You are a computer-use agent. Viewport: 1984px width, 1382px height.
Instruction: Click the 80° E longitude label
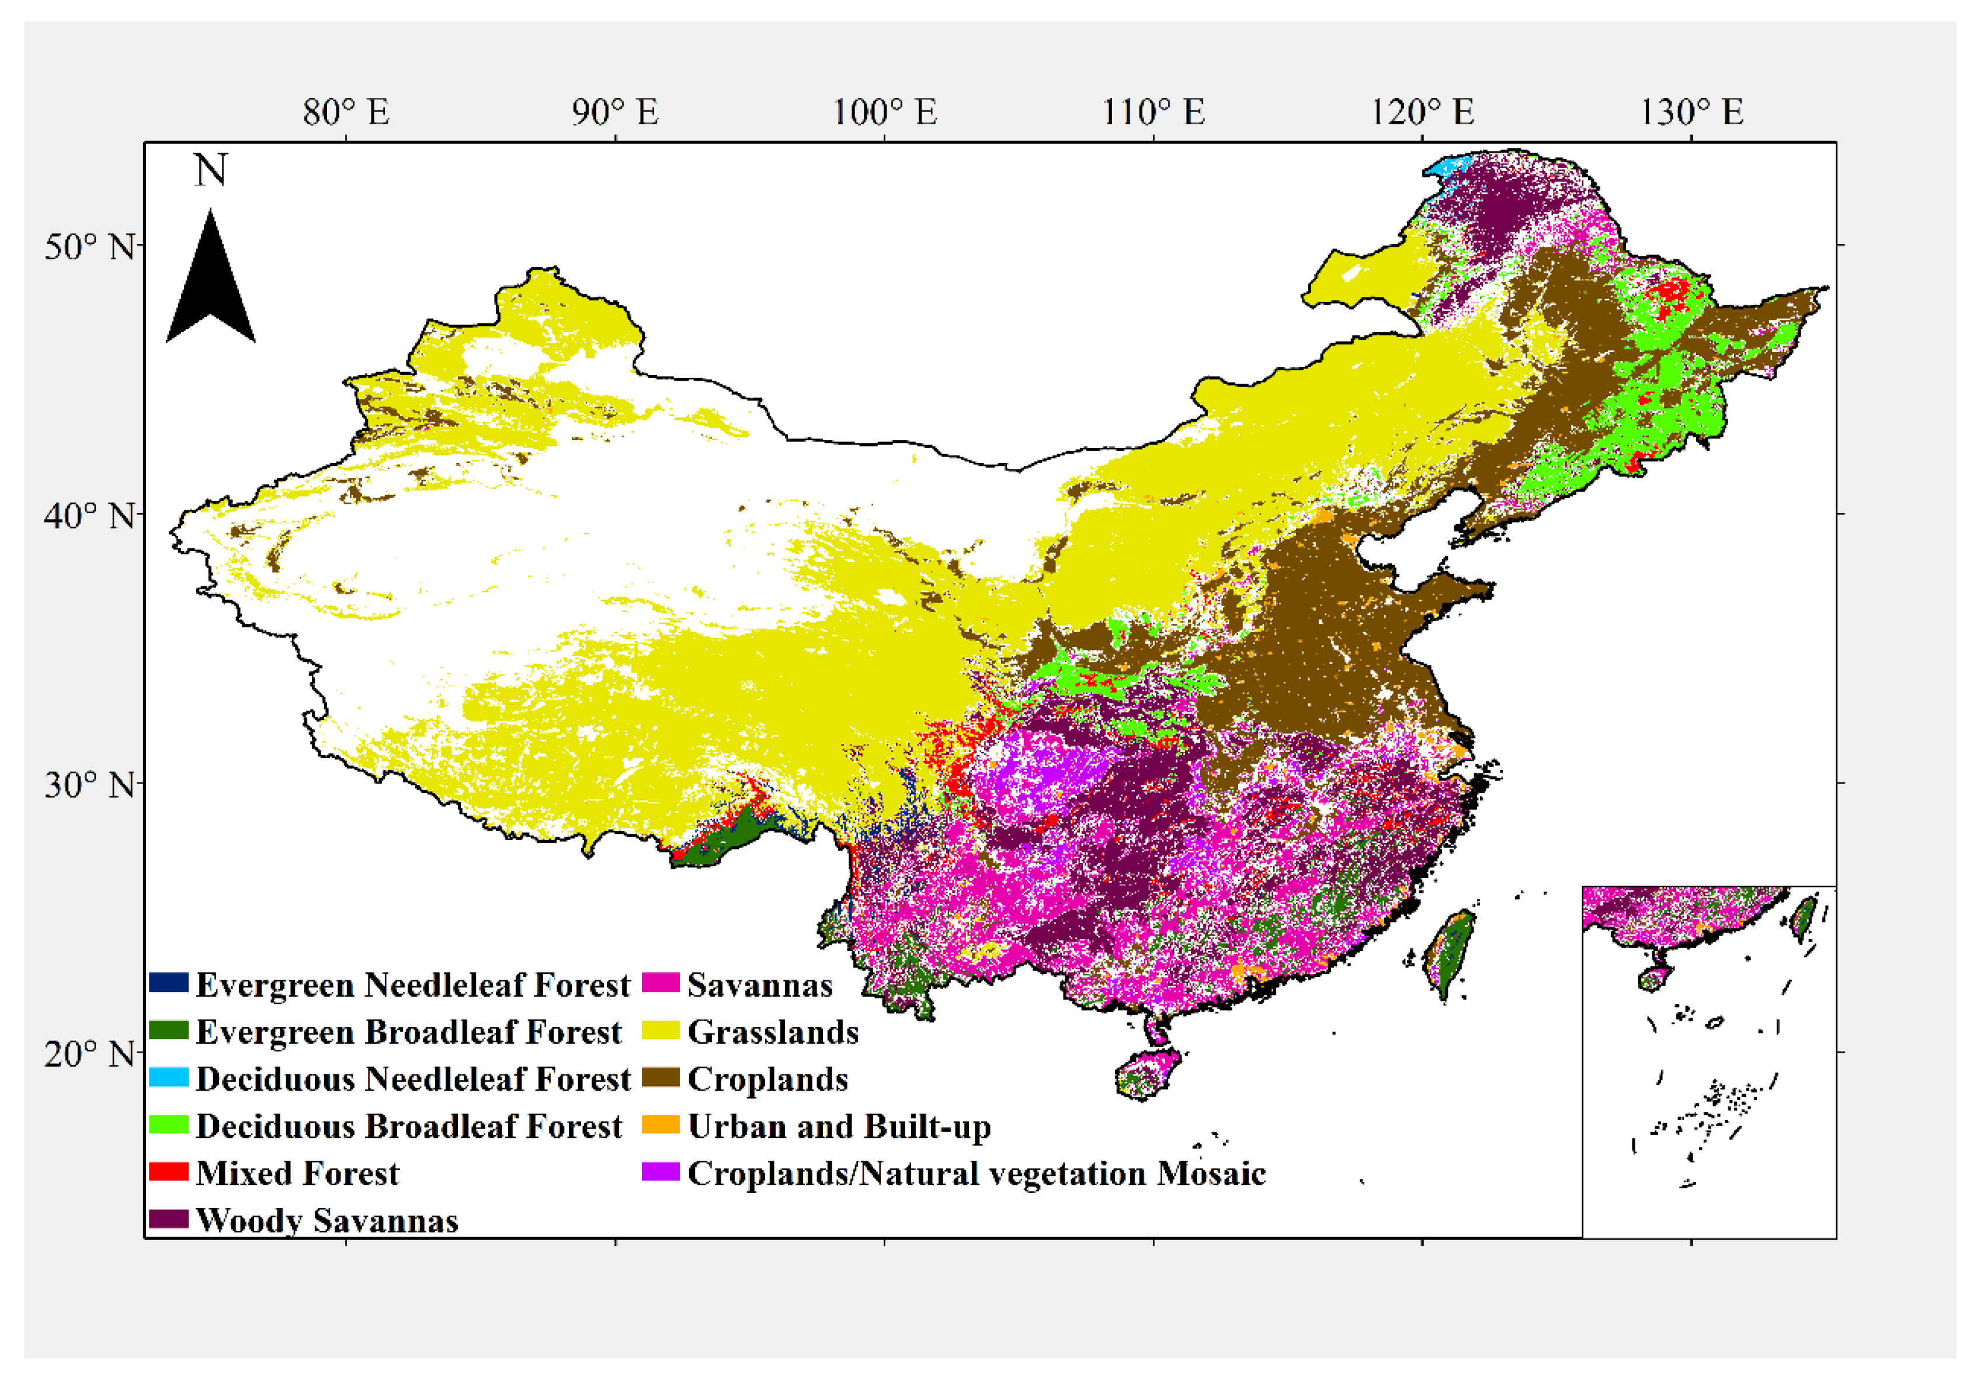pyautogui.click(x=346, y=112)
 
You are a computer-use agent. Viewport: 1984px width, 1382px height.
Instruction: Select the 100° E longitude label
pyautogui.click(x=884, y=112)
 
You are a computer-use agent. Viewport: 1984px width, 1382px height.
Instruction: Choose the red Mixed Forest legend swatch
pyautogui.click(x=169, y=1171)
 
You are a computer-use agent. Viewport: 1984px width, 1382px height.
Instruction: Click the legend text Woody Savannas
pyautogui.click(x=326, y=1220)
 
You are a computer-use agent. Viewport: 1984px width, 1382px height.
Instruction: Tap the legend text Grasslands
pyautogui.click(x=773, y=1031)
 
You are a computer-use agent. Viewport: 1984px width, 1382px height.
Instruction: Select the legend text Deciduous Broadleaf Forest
pyautogui.click(x=409, y=1126)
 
